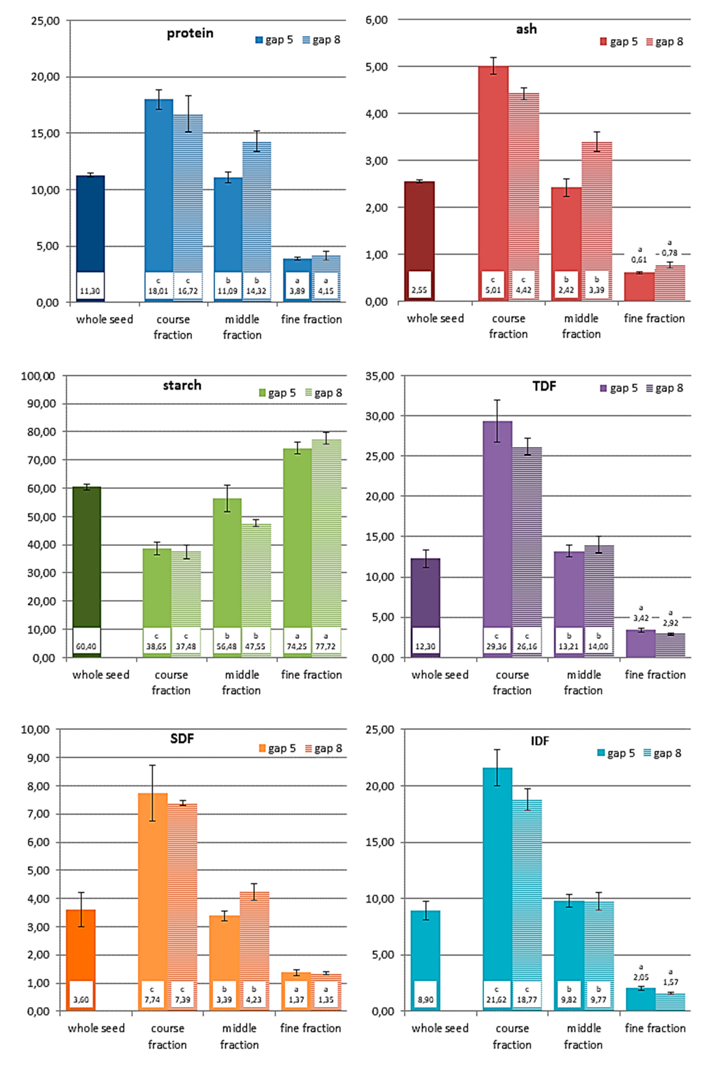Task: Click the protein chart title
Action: tap(190, 33)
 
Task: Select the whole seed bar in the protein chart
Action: tap(90, 227)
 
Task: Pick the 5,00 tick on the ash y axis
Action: tap(376, 67)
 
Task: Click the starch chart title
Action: tap(182, 385)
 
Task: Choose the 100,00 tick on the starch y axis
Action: tap(38, 376)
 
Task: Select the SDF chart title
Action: tap(182, 739)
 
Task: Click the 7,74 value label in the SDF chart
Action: tap(152, 999)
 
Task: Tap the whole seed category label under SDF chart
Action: tap(96, 1028)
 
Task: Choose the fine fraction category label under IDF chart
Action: tap(655, 1028)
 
